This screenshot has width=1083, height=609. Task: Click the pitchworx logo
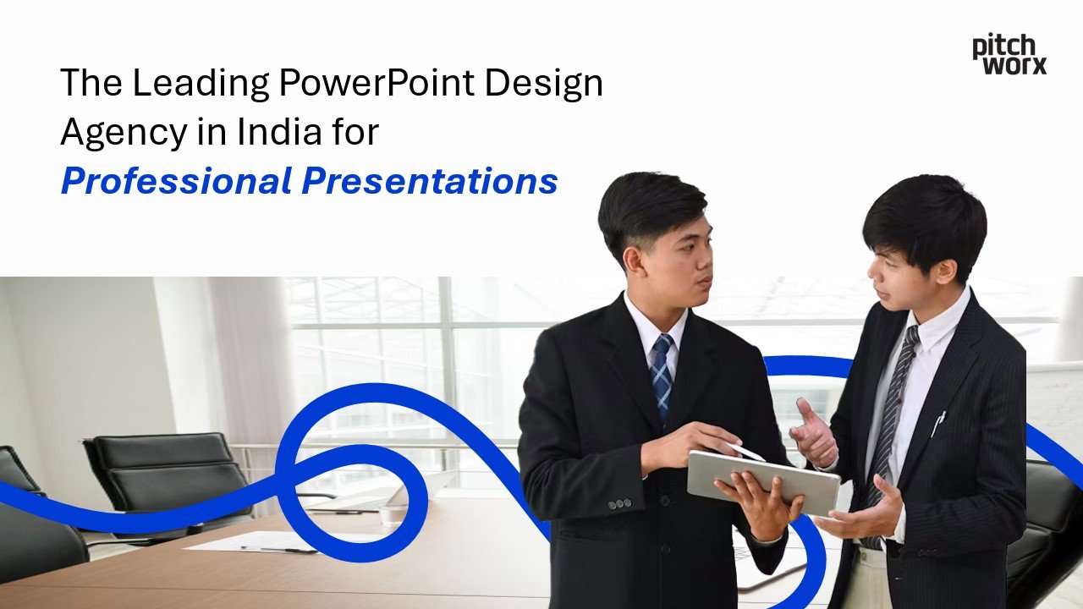click(x=1009, y=55)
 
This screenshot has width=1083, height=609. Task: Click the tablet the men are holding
click(x=762, y=481)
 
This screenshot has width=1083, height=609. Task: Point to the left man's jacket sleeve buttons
click(x=618, y=503)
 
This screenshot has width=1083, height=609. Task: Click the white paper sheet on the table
click(x=254, y=541)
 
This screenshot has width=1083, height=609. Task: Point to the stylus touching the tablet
click(x=745, y=452)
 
